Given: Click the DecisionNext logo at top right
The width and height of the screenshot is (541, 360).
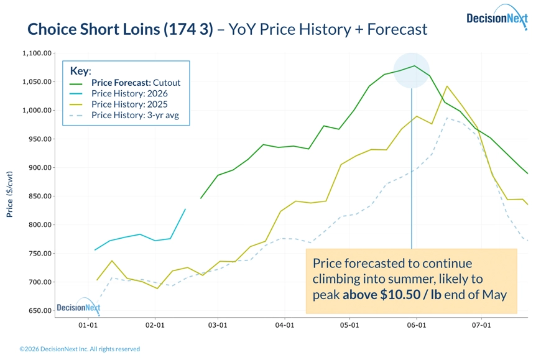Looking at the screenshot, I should click(x=497, y=19).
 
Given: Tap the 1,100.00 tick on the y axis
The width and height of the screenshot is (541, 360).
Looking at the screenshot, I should click(x=35, y=53).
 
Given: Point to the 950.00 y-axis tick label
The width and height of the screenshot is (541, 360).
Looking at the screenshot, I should click(x=38, y=139).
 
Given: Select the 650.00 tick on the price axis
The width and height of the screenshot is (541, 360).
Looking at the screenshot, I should click(x=38, y=311).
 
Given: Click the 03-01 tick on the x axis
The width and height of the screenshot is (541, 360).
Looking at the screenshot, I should click(x=217, y=325).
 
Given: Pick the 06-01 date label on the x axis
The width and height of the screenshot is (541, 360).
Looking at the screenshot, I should click(x=415, y=325).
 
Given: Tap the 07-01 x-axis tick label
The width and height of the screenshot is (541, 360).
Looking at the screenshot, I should click(x=481, y=325).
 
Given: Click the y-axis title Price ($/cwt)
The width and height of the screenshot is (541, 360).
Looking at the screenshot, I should click(x=10, y=194).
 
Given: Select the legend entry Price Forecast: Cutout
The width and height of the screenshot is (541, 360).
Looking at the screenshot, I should click(x=136, y=83).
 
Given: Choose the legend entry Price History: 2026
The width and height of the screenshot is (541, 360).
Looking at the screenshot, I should click(x=129, y=94).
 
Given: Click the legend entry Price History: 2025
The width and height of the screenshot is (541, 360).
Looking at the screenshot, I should click(x=129, y=104).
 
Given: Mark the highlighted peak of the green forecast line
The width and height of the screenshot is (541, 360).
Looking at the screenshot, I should click(x=414, y=66).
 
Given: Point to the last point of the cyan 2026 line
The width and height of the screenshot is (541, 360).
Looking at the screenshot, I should click(x=185, y=209).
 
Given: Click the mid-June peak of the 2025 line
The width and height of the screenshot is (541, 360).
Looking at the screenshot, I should click(x=446, y=86).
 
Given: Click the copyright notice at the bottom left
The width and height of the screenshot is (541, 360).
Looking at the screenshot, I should click(x=80, y=349).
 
